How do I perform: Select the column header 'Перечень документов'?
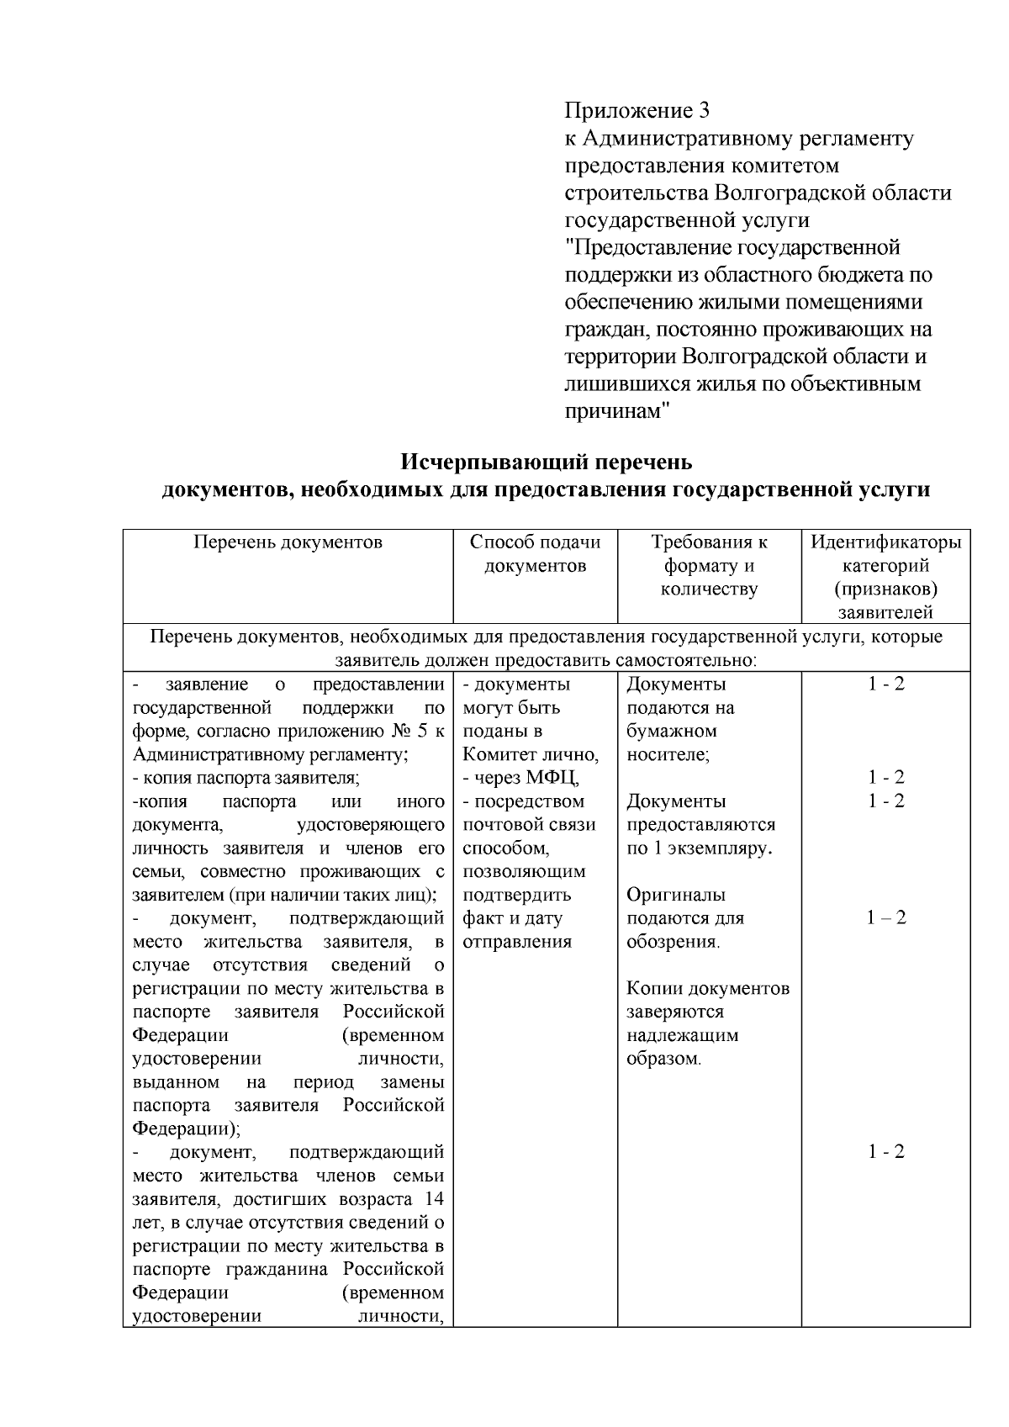(x=288, y=542)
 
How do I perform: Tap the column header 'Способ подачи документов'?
(x=536, y=554)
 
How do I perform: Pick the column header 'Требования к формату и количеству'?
(x=709, y=566)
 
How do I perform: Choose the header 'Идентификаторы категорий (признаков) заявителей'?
(x=885, y=577)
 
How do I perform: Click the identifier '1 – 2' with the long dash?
(x=886, y=918)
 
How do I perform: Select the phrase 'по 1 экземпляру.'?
(x=700, y=848)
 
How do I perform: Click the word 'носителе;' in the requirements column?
(x=668, y=755)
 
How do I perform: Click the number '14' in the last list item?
(x=434, y=1198)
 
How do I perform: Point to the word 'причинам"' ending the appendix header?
(x=616, y=412)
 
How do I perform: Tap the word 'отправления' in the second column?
(x=517, y=942)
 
